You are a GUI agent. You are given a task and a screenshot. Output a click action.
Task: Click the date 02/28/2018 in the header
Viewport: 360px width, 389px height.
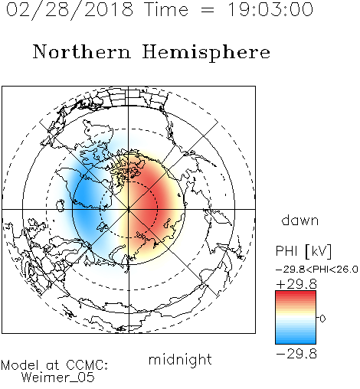click(x=70, y=10)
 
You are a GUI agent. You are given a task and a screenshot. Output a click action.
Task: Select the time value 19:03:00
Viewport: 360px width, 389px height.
click(x=270, y=10)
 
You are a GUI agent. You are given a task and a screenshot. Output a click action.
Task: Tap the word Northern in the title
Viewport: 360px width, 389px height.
click(x=82, y=51)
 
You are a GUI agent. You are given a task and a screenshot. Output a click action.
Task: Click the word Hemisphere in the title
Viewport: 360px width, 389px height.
click(x=206, y=53)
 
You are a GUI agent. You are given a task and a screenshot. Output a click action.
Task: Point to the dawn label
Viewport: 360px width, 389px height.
click(x=300, y=221)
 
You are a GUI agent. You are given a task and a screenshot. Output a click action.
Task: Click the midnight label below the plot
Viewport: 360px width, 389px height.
click(x=180, y=360)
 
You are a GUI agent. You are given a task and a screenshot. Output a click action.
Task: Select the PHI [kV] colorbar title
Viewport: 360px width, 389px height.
click(x=303, y=251)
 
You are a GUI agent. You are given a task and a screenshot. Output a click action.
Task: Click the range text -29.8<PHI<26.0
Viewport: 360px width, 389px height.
click(x=317, y=270)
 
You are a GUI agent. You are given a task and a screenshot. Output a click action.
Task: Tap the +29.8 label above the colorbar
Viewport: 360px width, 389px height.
click(x=296, y=284)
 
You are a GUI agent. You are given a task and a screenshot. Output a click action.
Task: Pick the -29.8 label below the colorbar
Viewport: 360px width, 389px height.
click(x=296, y=354)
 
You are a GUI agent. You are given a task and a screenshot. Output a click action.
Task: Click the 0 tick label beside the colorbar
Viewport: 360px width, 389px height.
click(x=322, y=319)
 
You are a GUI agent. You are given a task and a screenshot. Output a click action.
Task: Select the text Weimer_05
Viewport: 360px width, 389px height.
click(x=57, y=378)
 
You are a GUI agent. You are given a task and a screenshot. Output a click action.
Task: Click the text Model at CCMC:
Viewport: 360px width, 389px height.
click(x=54, y=365)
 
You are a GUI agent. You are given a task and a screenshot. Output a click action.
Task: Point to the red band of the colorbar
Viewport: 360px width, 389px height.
click(x=296, y=297)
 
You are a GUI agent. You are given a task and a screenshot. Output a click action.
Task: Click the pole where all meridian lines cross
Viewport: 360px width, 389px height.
click(x=129, y=209)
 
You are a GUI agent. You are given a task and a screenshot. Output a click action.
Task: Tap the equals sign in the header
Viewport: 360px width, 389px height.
click(x=208, y=10)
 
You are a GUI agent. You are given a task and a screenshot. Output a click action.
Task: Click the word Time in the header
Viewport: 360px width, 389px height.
click(x=166, y=10)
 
